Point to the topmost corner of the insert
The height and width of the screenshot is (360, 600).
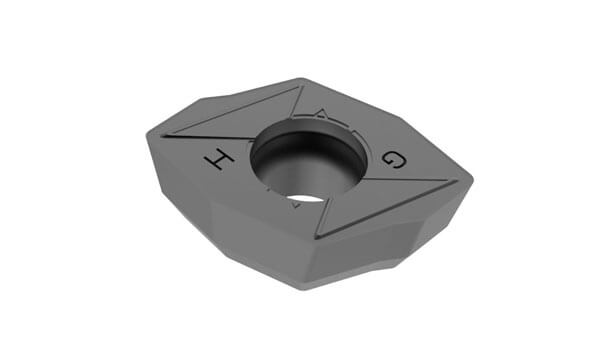(x=301, y=79)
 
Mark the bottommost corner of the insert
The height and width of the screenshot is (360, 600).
(x=310, y=288)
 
